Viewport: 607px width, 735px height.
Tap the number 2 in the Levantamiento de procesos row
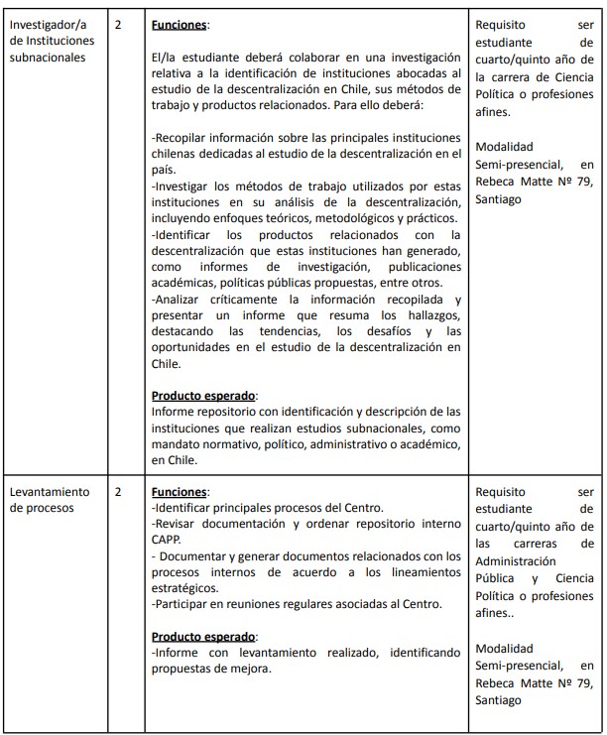[x=118, y=491]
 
